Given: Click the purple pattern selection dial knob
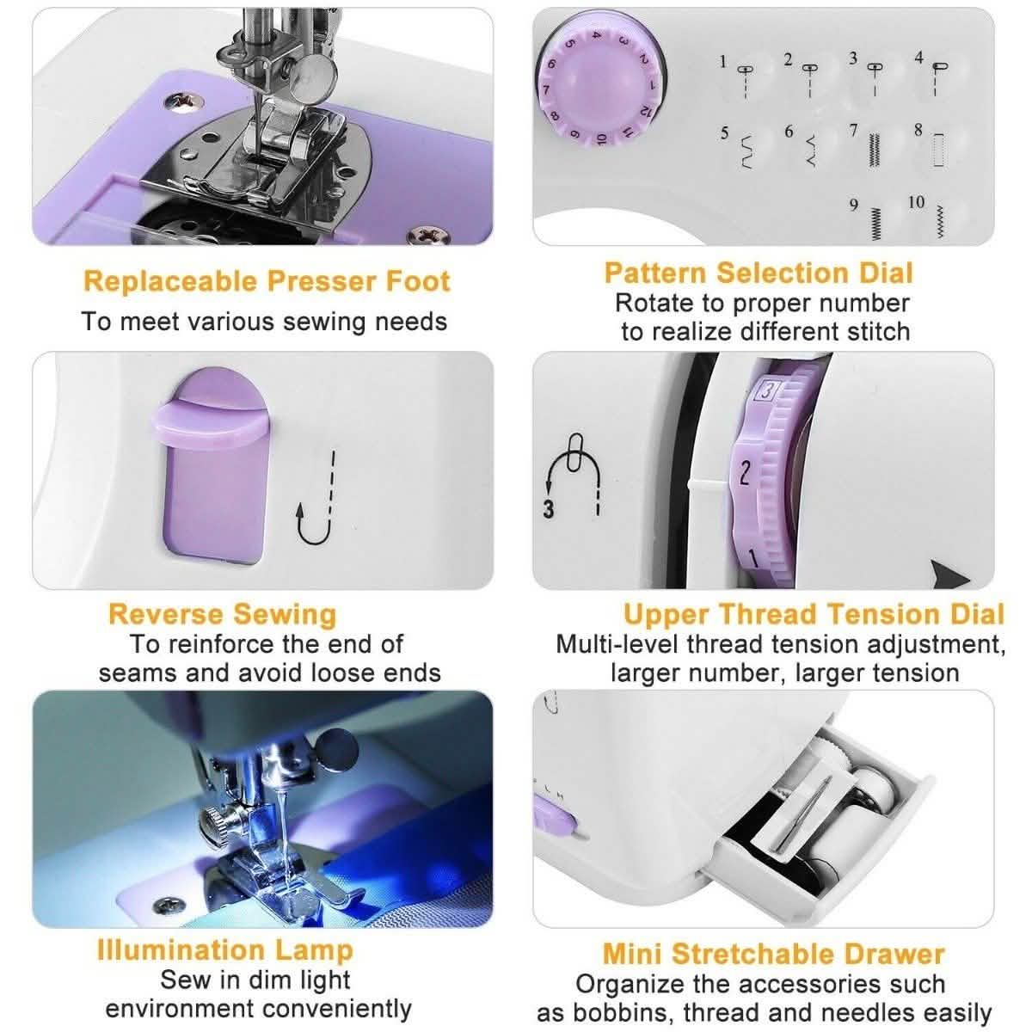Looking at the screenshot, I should (x=601, y=86).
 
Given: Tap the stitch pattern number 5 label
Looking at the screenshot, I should (x=725, y=133).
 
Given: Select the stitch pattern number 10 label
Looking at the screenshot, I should (x=917, y=202).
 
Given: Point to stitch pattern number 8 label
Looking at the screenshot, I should (x=918, y=131).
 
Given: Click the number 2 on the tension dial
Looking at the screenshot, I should (x=745, y=473).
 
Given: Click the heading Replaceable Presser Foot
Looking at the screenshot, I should (x=267, y=281).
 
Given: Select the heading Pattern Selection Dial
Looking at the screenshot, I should (x=758, y=273).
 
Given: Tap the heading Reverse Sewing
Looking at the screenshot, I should (x=222, y=614).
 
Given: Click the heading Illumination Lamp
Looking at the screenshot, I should (x=225, y=950).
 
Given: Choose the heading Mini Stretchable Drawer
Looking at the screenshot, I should (x=773, y=954).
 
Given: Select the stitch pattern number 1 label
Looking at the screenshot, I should (x=723, y=61).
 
